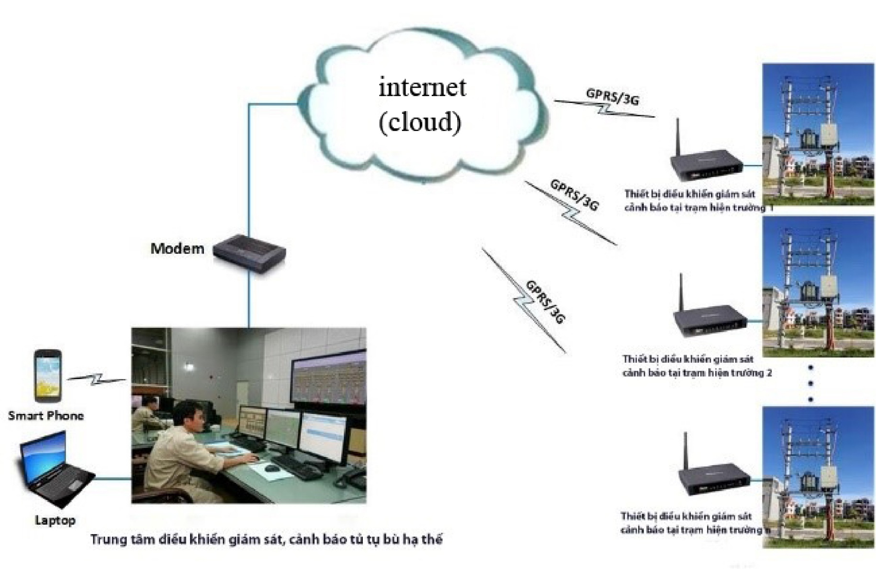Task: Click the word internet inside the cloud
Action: [422, 87]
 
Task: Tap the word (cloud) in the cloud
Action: [420, 122]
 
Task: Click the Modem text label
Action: [177, 248]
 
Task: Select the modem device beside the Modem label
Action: [249, 254]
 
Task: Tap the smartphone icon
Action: [48, 376]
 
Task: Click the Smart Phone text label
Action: [46, 415]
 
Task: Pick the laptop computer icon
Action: [55, 469]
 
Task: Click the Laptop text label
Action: [55, 520]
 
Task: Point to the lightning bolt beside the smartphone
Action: [97, 379]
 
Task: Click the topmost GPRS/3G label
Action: [613, 97]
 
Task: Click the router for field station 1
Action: [706, 165]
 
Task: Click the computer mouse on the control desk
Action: [271, 468]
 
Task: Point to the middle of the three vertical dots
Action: [811, 383]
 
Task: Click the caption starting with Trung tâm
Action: [266, 539]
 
